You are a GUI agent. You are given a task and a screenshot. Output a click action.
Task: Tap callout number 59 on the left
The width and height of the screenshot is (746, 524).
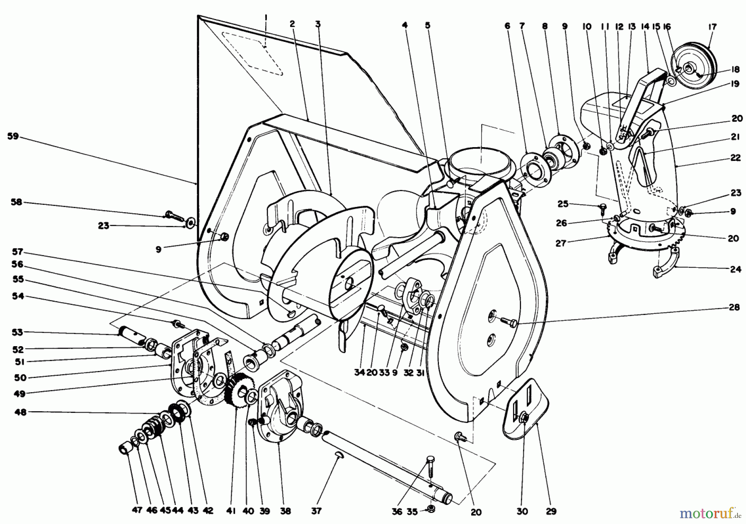coord(13,136)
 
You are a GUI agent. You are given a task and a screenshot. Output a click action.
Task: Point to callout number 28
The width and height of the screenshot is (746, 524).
coord(734,308)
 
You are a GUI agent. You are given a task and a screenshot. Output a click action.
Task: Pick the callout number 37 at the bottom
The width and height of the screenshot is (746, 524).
coord(317,511)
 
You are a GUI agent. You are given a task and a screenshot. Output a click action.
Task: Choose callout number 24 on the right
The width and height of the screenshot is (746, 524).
coord(735,269)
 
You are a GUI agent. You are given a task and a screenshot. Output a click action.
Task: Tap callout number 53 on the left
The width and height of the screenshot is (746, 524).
coord(17,332)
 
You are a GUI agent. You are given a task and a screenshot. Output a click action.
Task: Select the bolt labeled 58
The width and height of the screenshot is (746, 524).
coord(173,215)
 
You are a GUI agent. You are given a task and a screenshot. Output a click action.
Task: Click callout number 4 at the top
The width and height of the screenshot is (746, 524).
coord(404,25)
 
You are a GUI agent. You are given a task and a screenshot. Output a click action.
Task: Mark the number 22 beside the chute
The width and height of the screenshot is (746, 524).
coord(735,158)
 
